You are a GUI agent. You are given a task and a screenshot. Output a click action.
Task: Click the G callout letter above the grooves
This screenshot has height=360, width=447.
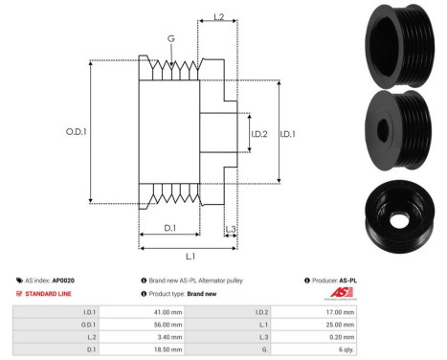(x=170, y=37)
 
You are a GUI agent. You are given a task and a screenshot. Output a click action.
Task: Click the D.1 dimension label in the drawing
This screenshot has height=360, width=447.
(x=168, y=228)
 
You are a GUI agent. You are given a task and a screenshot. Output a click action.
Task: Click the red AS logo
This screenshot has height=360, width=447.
(x=343, y=293)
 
